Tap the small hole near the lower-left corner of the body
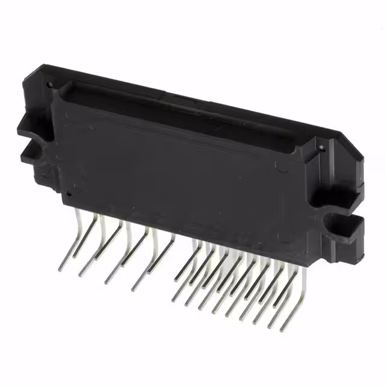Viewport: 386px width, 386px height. click(x=68, y=195)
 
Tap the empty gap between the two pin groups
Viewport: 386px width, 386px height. click(x=181, y=253)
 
